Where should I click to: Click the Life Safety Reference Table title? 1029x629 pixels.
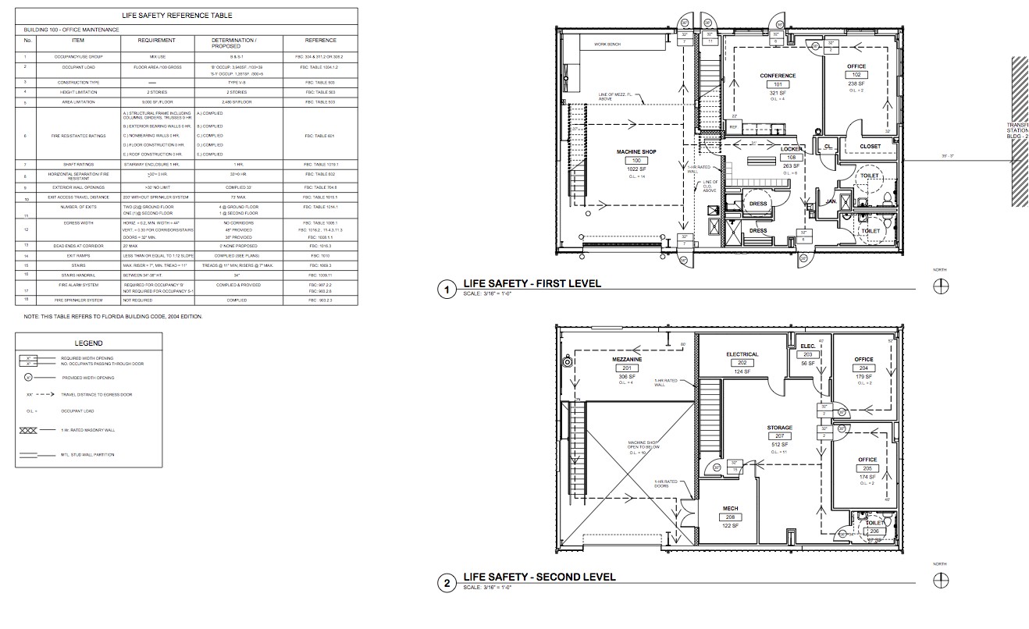[187, 16]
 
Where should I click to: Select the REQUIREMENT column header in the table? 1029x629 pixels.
[156, 41]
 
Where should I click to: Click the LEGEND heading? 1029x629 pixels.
[88, 343]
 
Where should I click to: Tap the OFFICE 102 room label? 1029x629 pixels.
[856, 76]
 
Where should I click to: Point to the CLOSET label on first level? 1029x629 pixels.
[870, 147]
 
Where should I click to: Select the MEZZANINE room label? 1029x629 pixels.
[626, 361]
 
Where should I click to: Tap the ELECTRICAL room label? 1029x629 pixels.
[742, 354]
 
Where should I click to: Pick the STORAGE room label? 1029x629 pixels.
[779, 428]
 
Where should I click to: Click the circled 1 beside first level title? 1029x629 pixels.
[447, 290]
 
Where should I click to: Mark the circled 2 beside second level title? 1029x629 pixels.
[447, 583]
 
